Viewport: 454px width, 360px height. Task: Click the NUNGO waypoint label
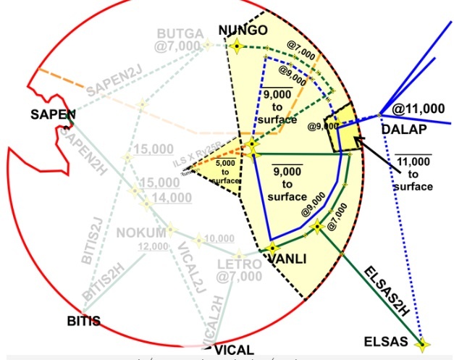[x=243, y=30]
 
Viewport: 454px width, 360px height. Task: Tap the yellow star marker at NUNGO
[x=236, y=47]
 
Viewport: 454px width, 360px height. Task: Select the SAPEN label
[x=54, y=114]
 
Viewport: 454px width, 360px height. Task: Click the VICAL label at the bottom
[x=234, y=350]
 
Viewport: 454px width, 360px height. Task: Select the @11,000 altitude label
[x=418, y=109]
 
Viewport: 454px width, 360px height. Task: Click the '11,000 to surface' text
[x=413, y=172]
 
